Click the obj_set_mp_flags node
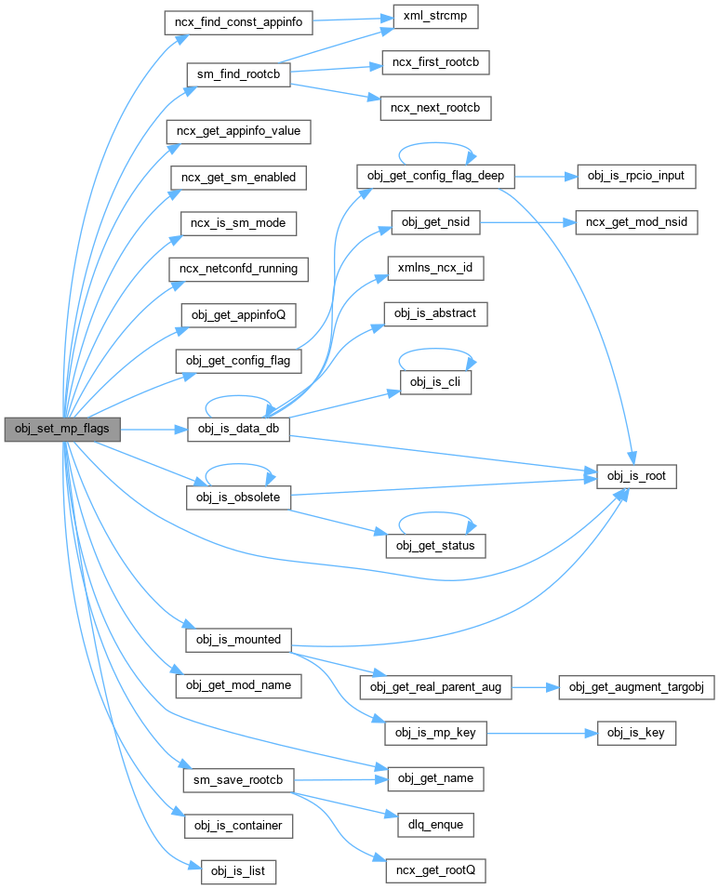61,430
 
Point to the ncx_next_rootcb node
435,108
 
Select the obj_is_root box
636,477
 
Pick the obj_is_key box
636,734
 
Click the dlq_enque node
435,824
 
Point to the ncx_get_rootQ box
435,871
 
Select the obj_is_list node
238,871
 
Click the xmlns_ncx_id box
435,269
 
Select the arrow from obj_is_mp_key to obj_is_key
540,734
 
